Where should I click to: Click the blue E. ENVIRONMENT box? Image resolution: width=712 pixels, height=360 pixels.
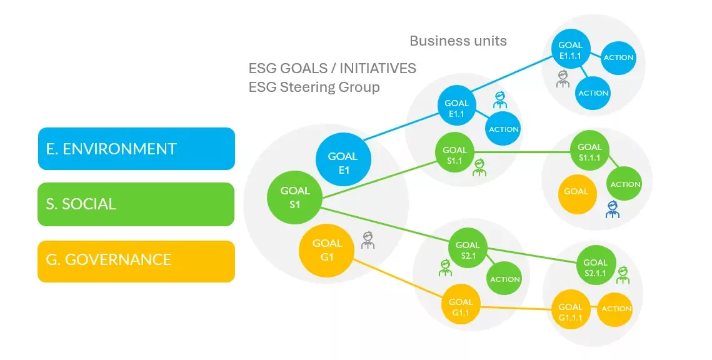136,149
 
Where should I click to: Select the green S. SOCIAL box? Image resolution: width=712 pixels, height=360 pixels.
136,204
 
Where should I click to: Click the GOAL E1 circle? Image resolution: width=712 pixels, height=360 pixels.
343,161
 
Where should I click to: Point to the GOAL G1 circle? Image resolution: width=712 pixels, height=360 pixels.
327,249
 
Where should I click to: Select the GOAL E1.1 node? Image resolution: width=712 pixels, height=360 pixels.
456,109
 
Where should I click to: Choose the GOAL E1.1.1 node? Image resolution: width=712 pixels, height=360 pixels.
570,49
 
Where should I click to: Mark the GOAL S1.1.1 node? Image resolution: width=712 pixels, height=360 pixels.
589,152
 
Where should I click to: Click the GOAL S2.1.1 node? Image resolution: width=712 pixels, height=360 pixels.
595,267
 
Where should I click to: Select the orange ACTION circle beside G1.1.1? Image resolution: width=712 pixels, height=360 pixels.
616,309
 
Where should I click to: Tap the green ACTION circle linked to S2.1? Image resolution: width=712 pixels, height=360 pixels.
504,279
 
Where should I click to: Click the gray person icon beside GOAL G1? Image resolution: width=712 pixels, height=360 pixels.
368,241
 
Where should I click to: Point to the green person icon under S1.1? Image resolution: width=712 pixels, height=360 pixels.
479,168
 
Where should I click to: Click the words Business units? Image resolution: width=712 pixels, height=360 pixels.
458,41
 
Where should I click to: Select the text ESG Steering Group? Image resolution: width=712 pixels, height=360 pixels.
314,87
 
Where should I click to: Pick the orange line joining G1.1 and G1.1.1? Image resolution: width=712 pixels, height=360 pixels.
516,307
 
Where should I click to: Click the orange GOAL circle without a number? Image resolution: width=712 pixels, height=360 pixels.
576,191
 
